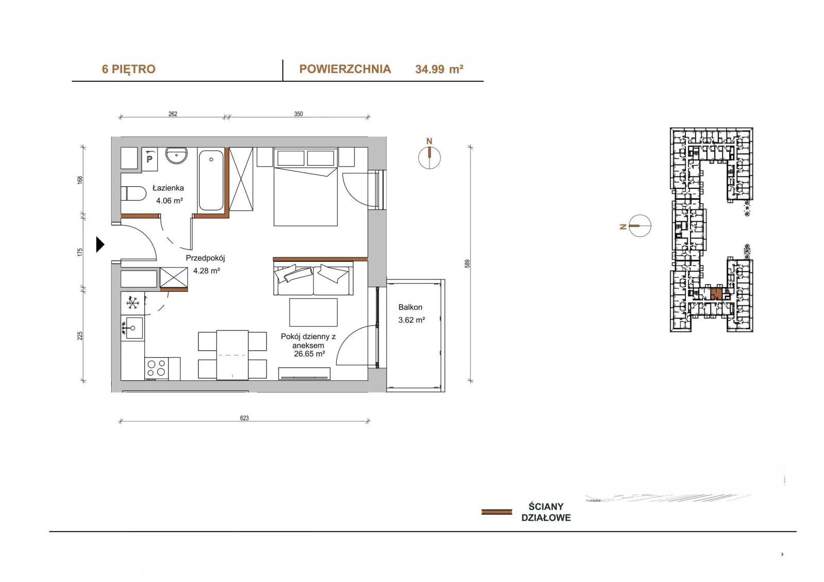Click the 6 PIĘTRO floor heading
click(128, 69)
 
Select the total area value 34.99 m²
click(439, 69)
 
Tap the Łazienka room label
click(168, 188)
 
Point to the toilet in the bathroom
click(133, 193)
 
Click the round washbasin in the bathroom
click(176, 155)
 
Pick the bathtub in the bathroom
click(211, 181)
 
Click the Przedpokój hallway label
click(205, 258)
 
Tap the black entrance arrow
click(100, 244)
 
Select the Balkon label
click(410, 307)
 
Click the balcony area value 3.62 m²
click(411, 320)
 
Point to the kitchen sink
click(133, 328)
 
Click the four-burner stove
click(157, 368)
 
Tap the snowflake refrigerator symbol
click(132, 303)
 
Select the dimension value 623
click(244, 418)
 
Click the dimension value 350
click(298, 114)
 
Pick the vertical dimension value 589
click(467, 263)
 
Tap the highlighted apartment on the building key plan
click(716, 293)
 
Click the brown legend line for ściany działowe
click(496, 512)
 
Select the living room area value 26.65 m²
click(310, 354)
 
